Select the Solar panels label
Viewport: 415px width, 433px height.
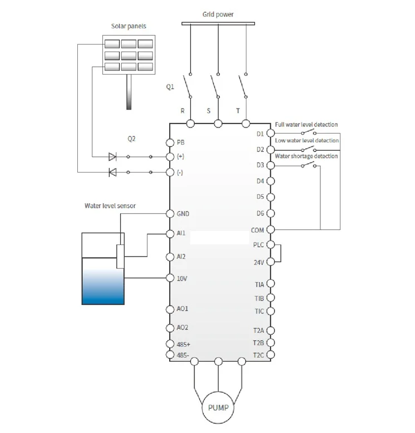(x=128, y=27)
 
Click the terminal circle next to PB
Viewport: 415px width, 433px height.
(x=171, y=142)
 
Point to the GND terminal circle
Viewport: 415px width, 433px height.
(x=171, y=214)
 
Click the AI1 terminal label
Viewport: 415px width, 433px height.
(x=181, y=234)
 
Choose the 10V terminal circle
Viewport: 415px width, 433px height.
(x=171, y=278)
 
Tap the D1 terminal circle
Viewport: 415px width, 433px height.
(x=271, y=134)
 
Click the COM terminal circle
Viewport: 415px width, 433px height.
(x=271, y=229)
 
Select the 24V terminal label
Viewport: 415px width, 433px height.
(x=259, y=261)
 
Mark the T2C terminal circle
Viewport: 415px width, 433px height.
(x=271, y=355)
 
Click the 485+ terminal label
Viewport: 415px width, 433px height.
(x=184, y=345)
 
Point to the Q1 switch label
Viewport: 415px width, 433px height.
(x=170, y=87)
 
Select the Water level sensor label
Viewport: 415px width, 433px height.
(x=110, y=205)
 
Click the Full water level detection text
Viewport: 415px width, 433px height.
(x=307, y=125)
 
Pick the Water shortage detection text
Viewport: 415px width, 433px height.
(x=307, y=156)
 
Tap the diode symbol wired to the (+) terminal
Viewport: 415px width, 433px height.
(x=112, y=157)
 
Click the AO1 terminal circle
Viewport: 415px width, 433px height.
(x=171, y=309)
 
